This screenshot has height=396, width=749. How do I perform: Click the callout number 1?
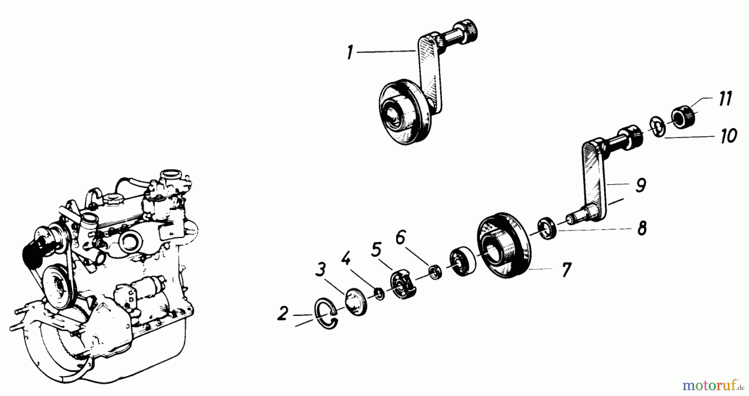click(350, 53)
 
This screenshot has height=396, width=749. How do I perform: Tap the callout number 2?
click(283, 314)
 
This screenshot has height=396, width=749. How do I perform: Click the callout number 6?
click(400, 238)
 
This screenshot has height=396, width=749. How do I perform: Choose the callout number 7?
click(566, 270)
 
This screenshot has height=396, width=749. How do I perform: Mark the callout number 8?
click(642, 228)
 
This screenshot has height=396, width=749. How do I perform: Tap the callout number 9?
click(641, 185)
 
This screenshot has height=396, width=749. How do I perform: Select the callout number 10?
click(728, 135)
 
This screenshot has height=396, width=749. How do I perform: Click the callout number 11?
click(725, 100)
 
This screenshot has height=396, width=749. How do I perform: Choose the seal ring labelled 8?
click(545, 228)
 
